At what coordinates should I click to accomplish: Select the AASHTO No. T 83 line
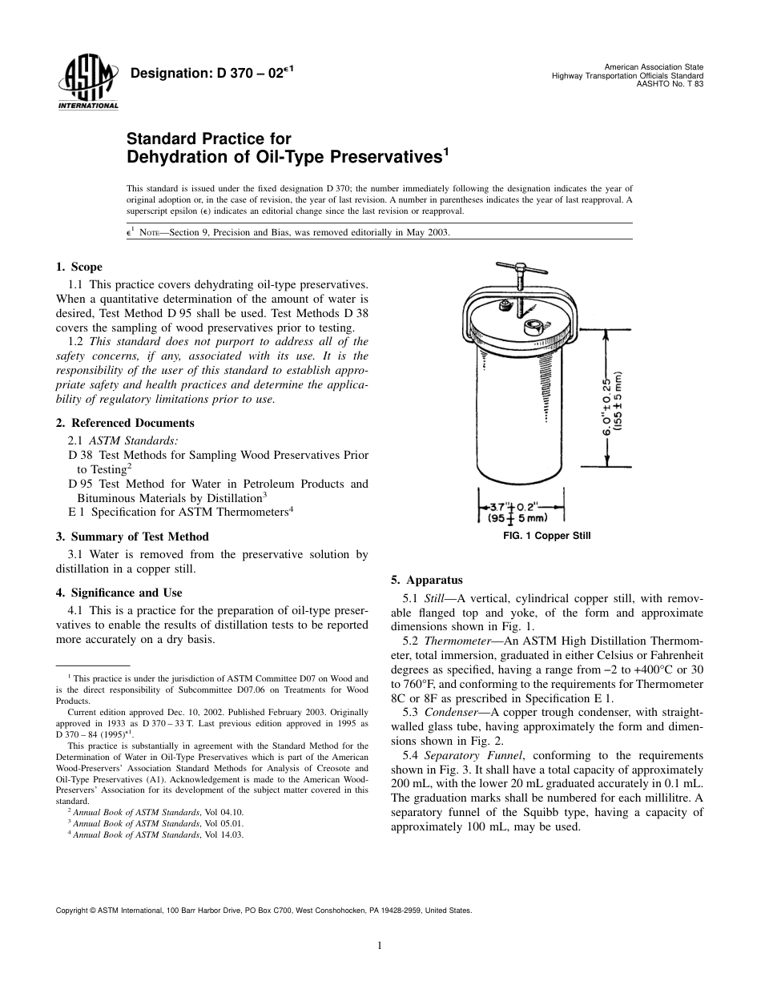point(670,83)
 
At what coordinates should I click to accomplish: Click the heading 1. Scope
point(79,267)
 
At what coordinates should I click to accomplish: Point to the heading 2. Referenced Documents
point(125,423)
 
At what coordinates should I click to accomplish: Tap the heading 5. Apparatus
point(422,580)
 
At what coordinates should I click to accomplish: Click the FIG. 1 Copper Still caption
point(546,536)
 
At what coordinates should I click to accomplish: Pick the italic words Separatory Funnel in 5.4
point(473,755)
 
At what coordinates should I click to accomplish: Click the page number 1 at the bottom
point(380,946)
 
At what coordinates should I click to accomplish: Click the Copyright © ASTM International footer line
point(264,911)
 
